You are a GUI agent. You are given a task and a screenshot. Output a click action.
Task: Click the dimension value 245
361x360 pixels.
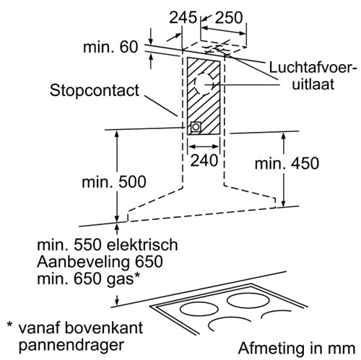(x=183, y=17)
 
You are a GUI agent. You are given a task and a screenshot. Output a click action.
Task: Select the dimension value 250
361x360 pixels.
(x=229, y=17)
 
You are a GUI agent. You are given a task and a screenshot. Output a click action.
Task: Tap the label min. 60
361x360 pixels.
(x=110, y=47)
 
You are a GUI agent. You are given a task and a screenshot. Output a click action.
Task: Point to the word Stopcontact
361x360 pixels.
(x=95, y=90)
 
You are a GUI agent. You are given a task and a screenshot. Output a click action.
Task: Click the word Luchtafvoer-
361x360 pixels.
(x=313, y=68)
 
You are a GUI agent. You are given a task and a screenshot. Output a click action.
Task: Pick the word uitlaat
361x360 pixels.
(x=313, y=84)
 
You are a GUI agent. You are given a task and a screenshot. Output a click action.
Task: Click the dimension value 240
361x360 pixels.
(x=204, y=160)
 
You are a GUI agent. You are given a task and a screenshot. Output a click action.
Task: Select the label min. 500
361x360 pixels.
(x=114, y=182)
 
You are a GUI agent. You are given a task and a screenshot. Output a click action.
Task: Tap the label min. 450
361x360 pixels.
(x=287, y=164)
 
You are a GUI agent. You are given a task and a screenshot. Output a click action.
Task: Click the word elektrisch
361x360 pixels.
(x=142, y=245)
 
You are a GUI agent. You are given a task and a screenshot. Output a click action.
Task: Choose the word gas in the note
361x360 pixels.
(x=120, y=280)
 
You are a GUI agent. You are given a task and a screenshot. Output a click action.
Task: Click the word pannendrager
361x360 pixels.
(x=71, y=345)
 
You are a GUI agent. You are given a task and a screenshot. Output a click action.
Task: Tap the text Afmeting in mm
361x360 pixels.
(x=297, y=348)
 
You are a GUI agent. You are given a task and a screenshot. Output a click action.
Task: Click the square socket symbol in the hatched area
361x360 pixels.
(x=196, y=127)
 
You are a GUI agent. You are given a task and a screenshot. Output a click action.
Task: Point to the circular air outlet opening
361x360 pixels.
(x=204, y=84)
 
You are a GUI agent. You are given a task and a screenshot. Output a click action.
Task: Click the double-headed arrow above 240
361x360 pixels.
(x=204, y=146)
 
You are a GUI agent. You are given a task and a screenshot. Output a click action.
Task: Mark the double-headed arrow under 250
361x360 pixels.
(x=224, y=31)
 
